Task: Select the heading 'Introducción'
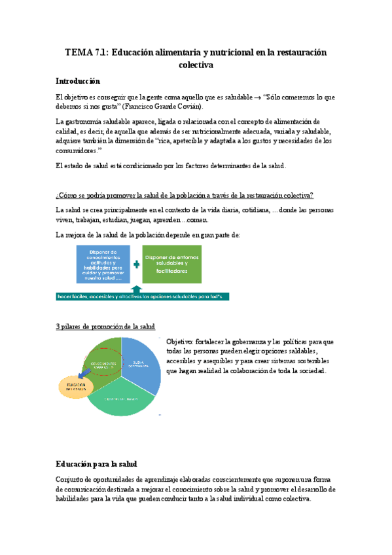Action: (78, 81)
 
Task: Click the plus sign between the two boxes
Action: (136, 264)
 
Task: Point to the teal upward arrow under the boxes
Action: (136, 289)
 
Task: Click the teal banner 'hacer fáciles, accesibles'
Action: (142, 296)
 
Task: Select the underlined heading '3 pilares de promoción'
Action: (105, 326)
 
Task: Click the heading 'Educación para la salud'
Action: (96, 464)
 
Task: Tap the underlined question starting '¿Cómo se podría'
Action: (185, 196)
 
